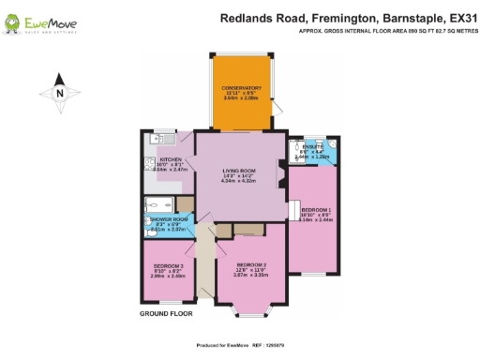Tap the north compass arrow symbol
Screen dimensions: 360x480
(x=58, y=92)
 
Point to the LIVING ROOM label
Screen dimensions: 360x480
(x=237, y=169)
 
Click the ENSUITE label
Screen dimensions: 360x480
(x=312, y=147)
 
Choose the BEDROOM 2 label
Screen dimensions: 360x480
(x=251, y=264)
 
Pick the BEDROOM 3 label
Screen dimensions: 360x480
(x=169, y=266)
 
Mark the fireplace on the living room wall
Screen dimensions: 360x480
(x=278, y=172)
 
